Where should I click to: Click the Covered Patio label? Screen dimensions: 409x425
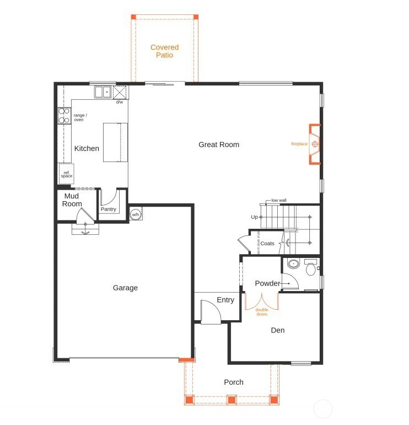pos(164,51)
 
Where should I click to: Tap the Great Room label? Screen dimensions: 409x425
pos(219,145)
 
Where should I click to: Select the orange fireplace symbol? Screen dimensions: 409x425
pos(315,144)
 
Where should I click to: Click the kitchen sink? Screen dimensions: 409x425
pos(103,92)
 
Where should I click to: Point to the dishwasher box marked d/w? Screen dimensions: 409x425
pos(120,93)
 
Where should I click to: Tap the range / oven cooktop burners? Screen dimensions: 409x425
pos(64,116)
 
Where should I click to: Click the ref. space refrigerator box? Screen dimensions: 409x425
pos(66,174)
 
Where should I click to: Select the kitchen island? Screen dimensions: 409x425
pos(115,143)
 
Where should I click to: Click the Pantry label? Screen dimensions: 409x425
pos(109,209)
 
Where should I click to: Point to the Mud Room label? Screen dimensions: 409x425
pos(72,200)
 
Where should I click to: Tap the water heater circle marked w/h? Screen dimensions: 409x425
pos(136,214)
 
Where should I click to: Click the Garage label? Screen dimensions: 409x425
pos(125,288)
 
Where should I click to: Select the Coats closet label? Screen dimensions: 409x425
pos(267,244)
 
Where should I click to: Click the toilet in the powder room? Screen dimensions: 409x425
pos(311,267)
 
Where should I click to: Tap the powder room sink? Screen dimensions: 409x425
pos(293,263)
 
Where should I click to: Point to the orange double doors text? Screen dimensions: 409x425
pos(262,312)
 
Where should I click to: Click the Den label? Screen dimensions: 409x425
pos(278,330)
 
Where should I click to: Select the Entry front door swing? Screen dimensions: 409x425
pos(211,311)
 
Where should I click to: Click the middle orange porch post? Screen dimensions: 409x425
pos(231,400)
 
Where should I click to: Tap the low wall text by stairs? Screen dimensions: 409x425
pos(279,200)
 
